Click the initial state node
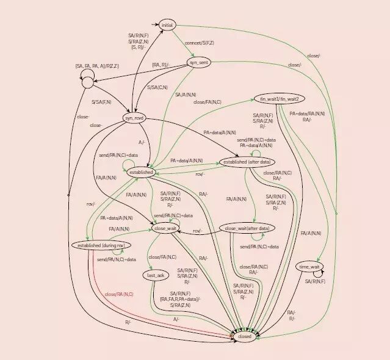pyautogui.click(x=167, y=25)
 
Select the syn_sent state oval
pyautogui.click(x=200, y=63)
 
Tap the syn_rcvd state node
pyautogui.click(x=134, y=118)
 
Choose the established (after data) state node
pyautogui.click(x=248, y=162)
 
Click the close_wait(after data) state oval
pyautogui.click(x=247, y=228)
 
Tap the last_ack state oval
pyautogui.click(x=157, y=275)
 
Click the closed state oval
pyautogui.click(x=245, y=336)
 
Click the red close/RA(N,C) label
pyautogui.click(x=119, y=294)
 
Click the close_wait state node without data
pyautogui.click(x=164, y=228)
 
